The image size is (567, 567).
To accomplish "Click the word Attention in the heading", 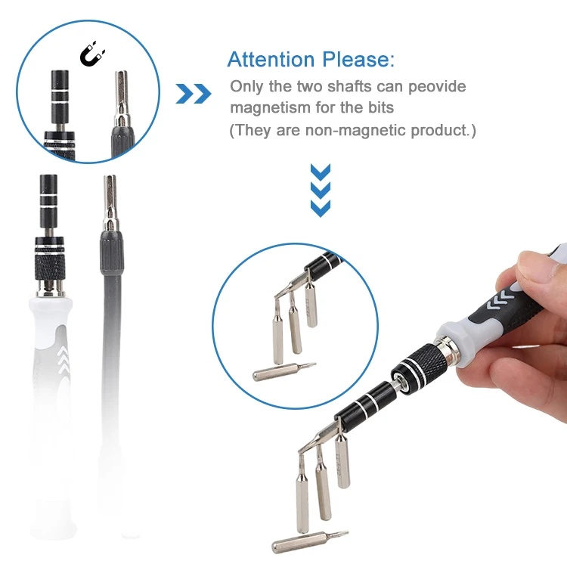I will point(271,60).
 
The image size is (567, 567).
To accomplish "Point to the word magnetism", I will point(268,108).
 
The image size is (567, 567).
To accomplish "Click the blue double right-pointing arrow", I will point(194,94).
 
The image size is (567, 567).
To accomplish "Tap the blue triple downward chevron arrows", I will point(321,188).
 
